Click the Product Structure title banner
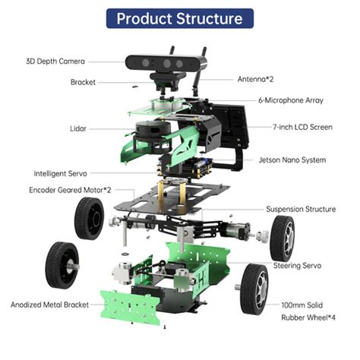click(180, 17)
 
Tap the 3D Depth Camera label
click(55, 61)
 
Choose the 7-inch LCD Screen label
click(302, 127)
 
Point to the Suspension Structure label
click(301, 209)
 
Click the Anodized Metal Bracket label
click(49, 305)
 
